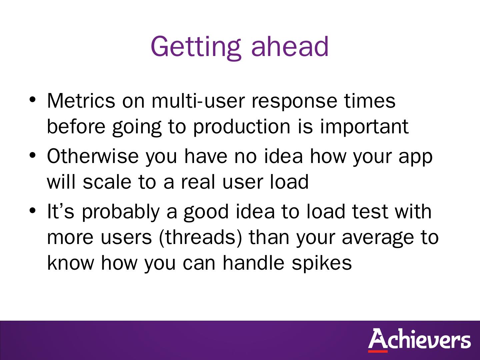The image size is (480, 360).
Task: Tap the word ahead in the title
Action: [x=290, y=46]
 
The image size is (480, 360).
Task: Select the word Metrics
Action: [x=81, y=101]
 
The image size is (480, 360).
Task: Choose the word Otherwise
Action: [x=93, y=156]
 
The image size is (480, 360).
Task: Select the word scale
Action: [x=107, y=182]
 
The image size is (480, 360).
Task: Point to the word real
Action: [x=198, y=182]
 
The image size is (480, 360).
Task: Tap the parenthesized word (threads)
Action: [x=201, y=237]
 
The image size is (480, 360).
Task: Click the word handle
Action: [x=253, y=263]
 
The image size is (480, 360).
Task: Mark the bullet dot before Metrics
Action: [x=32, y=100]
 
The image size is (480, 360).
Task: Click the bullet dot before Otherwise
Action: [x=32, y=155]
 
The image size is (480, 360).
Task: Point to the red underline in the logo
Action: [x=378, y=351]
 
